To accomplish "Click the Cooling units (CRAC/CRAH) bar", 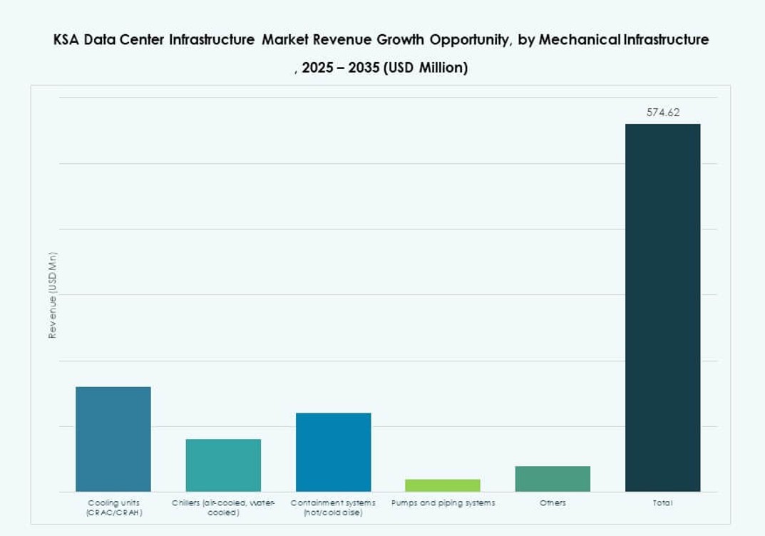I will pyautogui.click(x=113, y=439).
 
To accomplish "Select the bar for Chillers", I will pyautogui.click(x=223, y=465).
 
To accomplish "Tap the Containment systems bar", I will pyautogui.click(x=333, y=452).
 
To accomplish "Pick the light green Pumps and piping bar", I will pyautogui.click(x=443, y=485).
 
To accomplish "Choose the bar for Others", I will pyautogui.click(x=553, y=479).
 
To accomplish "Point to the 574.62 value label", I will pyautogui.click(x=662, y=113).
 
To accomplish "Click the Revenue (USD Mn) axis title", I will pyautogui.click(x=52, y=295).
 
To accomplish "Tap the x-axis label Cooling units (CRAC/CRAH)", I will pyautogui.click(x=114, y=507).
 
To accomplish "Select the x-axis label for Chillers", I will pyautogui.click(x=223, y=507).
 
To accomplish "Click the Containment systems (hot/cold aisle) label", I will pyautogui.click(x=333, y=507).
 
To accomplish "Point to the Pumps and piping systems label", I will pyautogui.click(x=443, y=503).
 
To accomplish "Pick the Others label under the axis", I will pyautogui.click(x=553, y=503).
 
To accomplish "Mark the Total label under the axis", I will pyautogui.click(x=662, y=503).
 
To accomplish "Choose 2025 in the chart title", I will pyautogui.click(x=318, y=68).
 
